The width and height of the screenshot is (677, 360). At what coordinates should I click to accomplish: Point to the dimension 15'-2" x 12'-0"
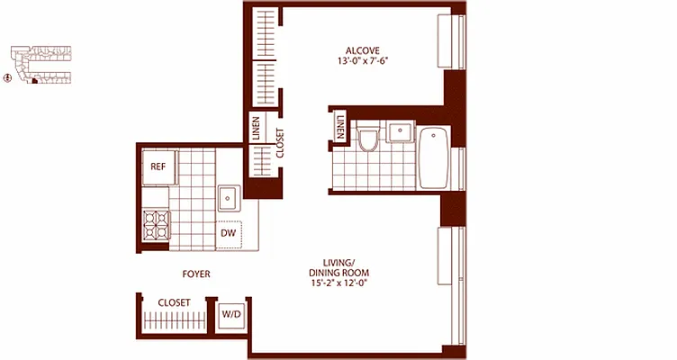click(339, 283)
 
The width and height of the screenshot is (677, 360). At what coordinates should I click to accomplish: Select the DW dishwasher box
click(229, 234)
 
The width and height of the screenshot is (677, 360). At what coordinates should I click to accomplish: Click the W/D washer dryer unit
click(230, 316)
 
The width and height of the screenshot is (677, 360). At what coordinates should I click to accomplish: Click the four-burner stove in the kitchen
click(157, 224)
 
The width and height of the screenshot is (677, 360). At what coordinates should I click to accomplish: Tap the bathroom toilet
click(366, 140)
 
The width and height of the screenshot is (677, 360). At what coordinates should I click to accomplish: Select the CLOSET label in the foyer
click(174, 303)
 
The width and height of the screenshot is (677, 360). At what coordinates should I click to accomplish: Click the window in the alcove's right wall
click(449, 43)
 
